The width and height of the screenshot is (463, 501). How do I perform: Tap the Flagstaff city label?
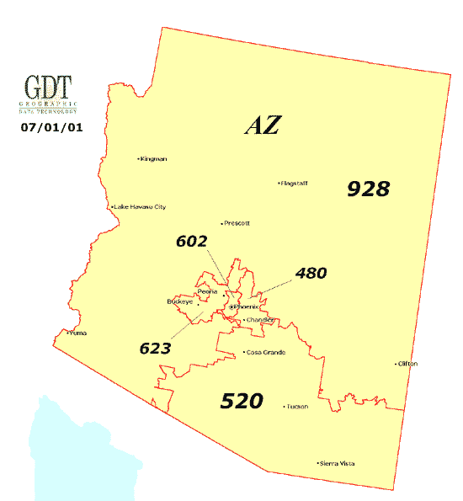tap(295, 183)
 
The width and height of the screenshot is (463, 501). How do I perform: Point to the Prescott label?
tap(237, 223)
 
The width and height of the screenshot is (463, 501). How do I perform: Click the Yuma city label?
tap(77, 333)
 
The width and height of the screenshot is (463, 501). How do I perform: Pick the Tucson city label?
tap(297, 407)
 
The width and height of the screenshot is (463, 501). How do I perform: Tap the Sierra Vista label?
tap(336, 463)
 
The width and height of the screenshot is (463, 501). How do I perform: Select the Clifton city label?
tap(407, 364)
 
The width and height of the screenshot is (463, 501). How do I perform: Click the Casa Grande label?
tap(265, 352)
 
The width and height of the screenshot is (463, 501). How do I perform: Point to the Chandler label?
tap(261, 321)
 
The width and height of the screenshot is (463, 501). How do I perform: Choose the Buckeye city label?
tap(180, 301)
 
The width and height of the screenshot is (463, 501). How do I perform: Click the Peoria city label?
tap(207, 291)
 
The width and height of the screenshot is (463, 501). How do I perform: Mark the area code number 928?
tap(369, 189)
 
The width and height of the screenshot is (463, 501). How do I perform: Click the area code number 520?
tap(242, 401)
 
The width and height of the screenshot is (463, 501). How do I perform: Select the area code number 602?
tap(191, 241)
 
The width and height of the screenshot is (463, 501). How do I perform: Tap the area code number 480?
tap(310, 273)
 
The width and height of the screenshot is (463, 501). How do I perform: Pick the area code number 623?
tap(156, 348)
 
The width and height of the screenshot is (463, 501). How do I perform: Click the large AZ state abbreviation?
tap(262, 125)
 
